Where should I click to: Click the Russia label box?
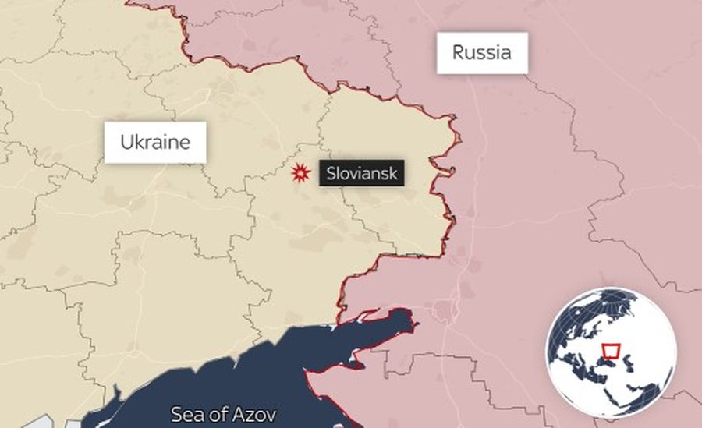482,53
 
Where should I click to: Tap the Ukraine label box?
154,142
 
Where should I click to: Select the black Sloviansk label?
362,173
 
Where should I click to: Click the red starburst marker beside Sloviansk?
299,174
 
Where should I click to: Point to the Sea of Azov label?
222,413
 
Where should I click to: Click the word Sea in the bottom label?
184,413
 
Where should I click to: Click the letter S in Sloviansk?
331,173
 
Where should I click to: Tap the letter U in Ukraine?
126,142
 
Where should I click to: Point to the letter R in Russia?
458,53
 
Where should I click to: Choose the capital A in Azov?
238,413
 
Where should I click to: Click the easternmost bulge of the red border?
459,140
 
